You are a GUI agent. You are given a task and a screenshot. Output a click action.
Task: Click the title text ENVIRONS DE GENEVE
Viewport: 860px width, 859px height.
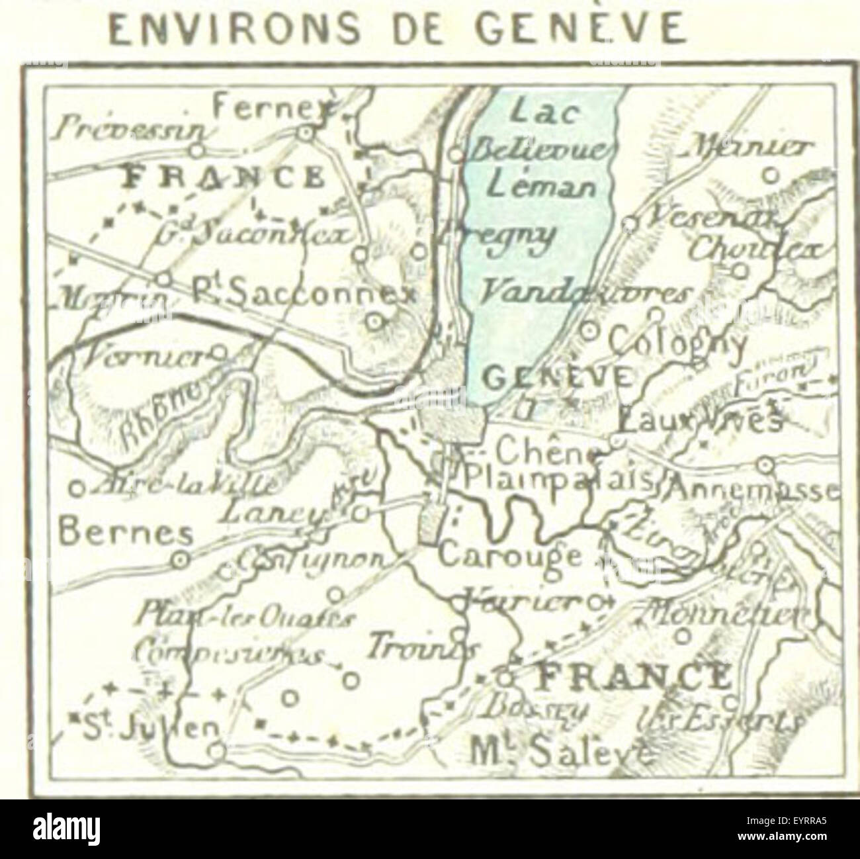point(396,29)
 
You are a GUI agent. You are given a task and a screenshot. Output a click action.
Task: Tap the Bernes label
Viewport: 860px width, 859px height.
point(125,532)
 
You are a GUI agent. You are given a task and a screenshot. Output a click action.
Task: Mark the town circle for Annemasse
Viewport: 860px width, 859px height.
point(765,465)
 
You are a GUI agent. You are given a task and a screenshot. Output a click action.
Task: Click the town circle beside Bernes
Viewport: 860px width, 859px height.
point(178,560)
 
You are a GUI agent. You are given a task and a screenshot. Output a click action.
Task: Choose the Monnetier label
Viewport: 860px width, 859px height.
point(722,611)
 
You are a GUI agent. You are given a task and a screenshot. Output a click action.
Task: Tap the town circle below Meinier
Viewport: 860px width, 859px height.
point(769,175)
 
